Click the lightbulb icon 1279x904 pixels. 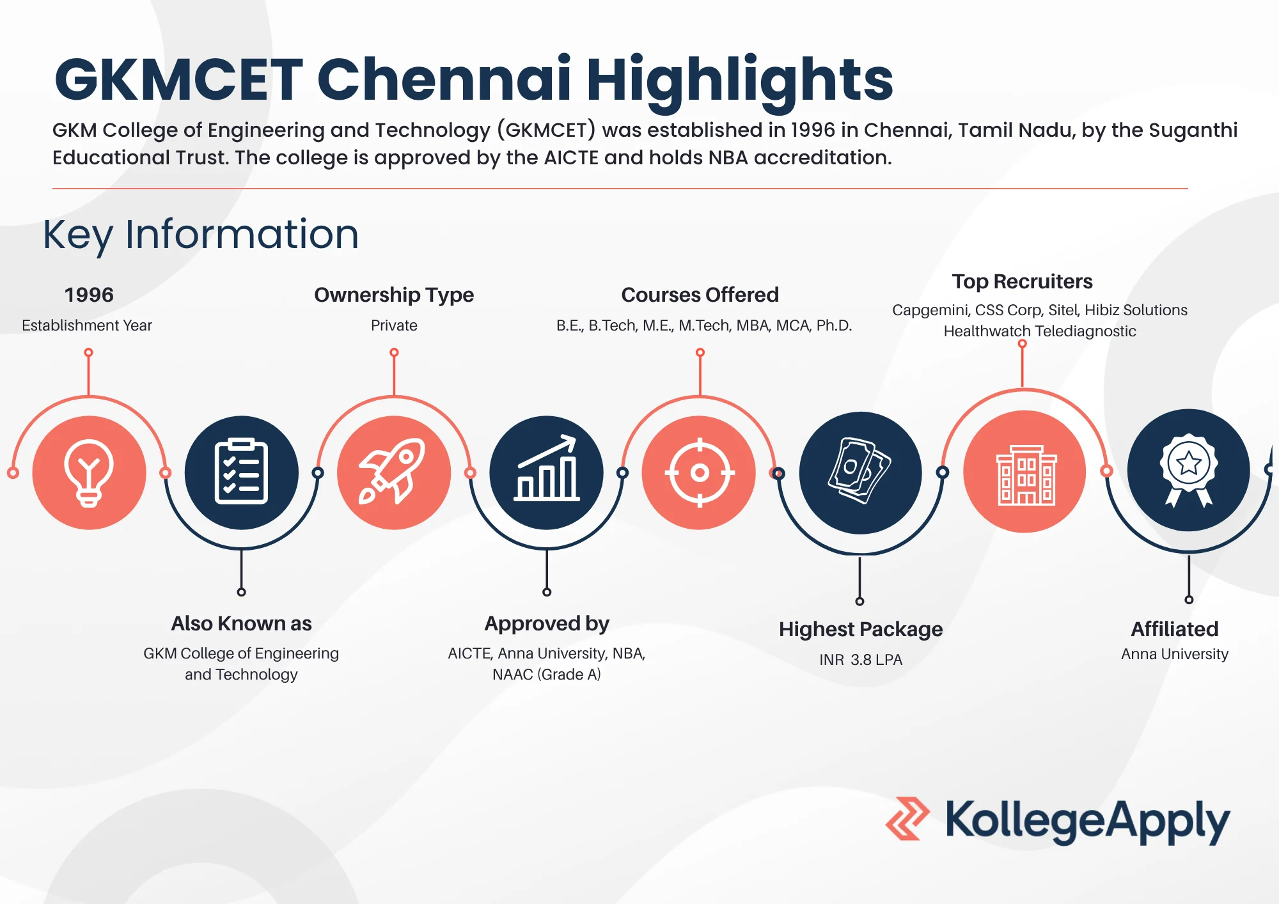click(89, 473)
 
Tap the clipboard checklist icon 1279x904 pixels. click(241, 472)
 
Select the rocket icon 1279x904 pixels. click(393, 472)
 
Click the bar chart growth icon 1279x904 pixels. click(547, 468)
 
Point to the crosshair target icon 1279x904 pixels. click(700, 472)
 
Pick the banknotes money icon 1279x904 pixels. click(859, 471)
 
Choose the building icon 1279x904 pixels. click(1026, 475)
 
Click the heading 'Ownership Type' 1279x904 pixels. click(394, 295)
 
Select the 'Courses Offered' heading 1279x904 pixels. click(700, 295)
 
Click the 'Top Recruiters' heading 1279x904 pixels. click(1022, 281)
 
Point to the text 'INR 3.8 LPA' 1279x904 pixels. click(861, 660)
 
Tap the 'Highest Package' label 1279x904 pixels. click(861, 630)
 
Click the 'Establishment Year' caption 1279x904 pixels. click(87, 325)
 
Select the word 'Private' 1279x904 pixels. click(394, 325)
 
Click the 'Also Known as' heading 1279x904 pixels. click(241, 623)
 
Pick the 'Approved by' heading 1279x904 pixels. click(547, 623)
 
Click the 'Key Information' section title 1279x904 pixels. click(201, 235)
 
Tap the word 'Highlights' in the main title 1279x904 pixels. click(739, 80)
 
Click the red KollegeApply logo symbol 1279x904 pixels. click(907, 818)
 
